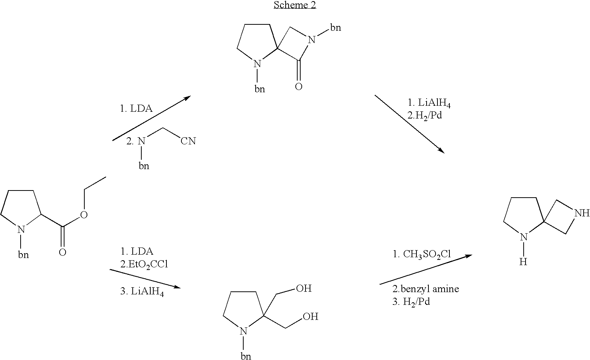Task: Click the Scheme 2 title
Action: (295, 5)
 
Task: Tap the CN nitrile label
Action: (188, 141)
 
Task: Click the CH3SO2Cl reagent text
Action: (427, 254)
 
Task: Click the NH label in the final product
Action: (582, 213)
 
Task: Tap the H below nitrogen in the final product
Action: (523, 262)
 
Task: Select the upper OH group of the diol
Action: (304, 288)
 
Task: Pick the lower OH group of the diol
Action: (310, 316)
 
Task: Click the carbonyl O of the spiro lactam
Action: (299, 87)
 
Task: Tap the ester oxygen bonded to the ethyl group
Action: (84, 215)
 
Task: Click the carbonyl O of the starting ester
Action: (63, 252)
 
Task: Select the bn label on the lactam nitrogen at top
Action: (335, 27)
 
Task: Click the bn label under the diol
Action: (246, 356)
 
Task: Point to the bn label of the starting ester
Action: (24, 255)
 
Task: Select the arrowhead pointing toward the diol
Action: (177, 287)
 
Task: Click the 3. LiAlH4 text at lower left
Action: (142, 291)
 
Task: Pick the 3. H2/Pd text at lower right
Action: (411, 302)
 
